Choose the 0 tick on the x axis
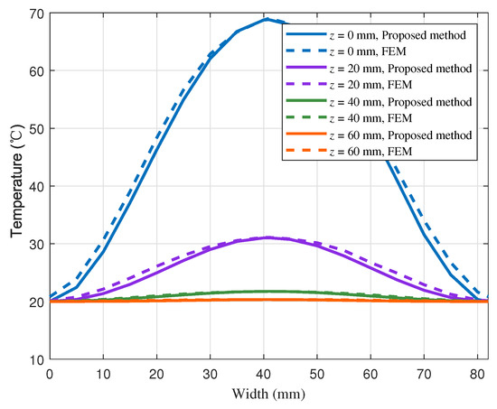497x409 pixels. [x=49, y=374]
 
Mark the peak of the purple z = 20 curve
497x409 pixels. [x=267, y=237]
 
